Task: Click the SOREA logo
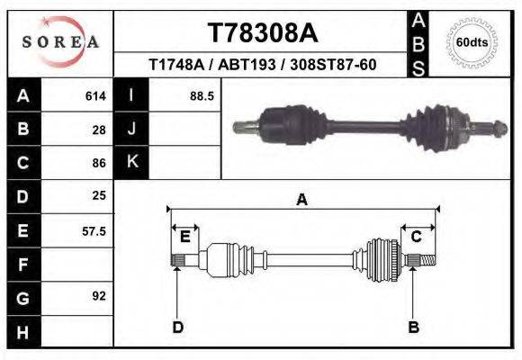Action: pos(60,42)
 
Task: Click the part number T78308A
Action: pos(262,33)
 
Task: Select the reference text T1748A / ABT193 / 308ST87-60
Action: pos(262,66)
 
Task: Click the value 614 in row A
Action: pos(95,95)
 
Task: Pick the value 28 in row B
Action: pos(99,130)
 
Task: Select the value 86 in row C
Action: pos(99,163)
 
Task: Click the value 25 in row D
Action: pos(99,196)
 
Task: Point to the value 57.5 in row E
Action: pos(94,230)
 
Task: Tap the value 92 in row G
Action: pos(99,296)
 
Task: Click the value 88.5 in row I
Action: pos(201,95)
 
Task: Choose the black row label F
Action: pos(22,264)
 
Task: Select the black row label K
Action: pos(131,163)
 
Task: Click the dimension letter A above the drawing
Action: pos(301,200)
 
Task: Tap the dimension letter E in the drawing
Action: pos(184,237)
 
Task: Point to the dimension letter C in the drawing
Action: pos(417,237)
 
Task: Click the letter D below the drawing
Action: pos(177,327)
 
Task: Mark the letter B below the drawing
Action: pos(413,327)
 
